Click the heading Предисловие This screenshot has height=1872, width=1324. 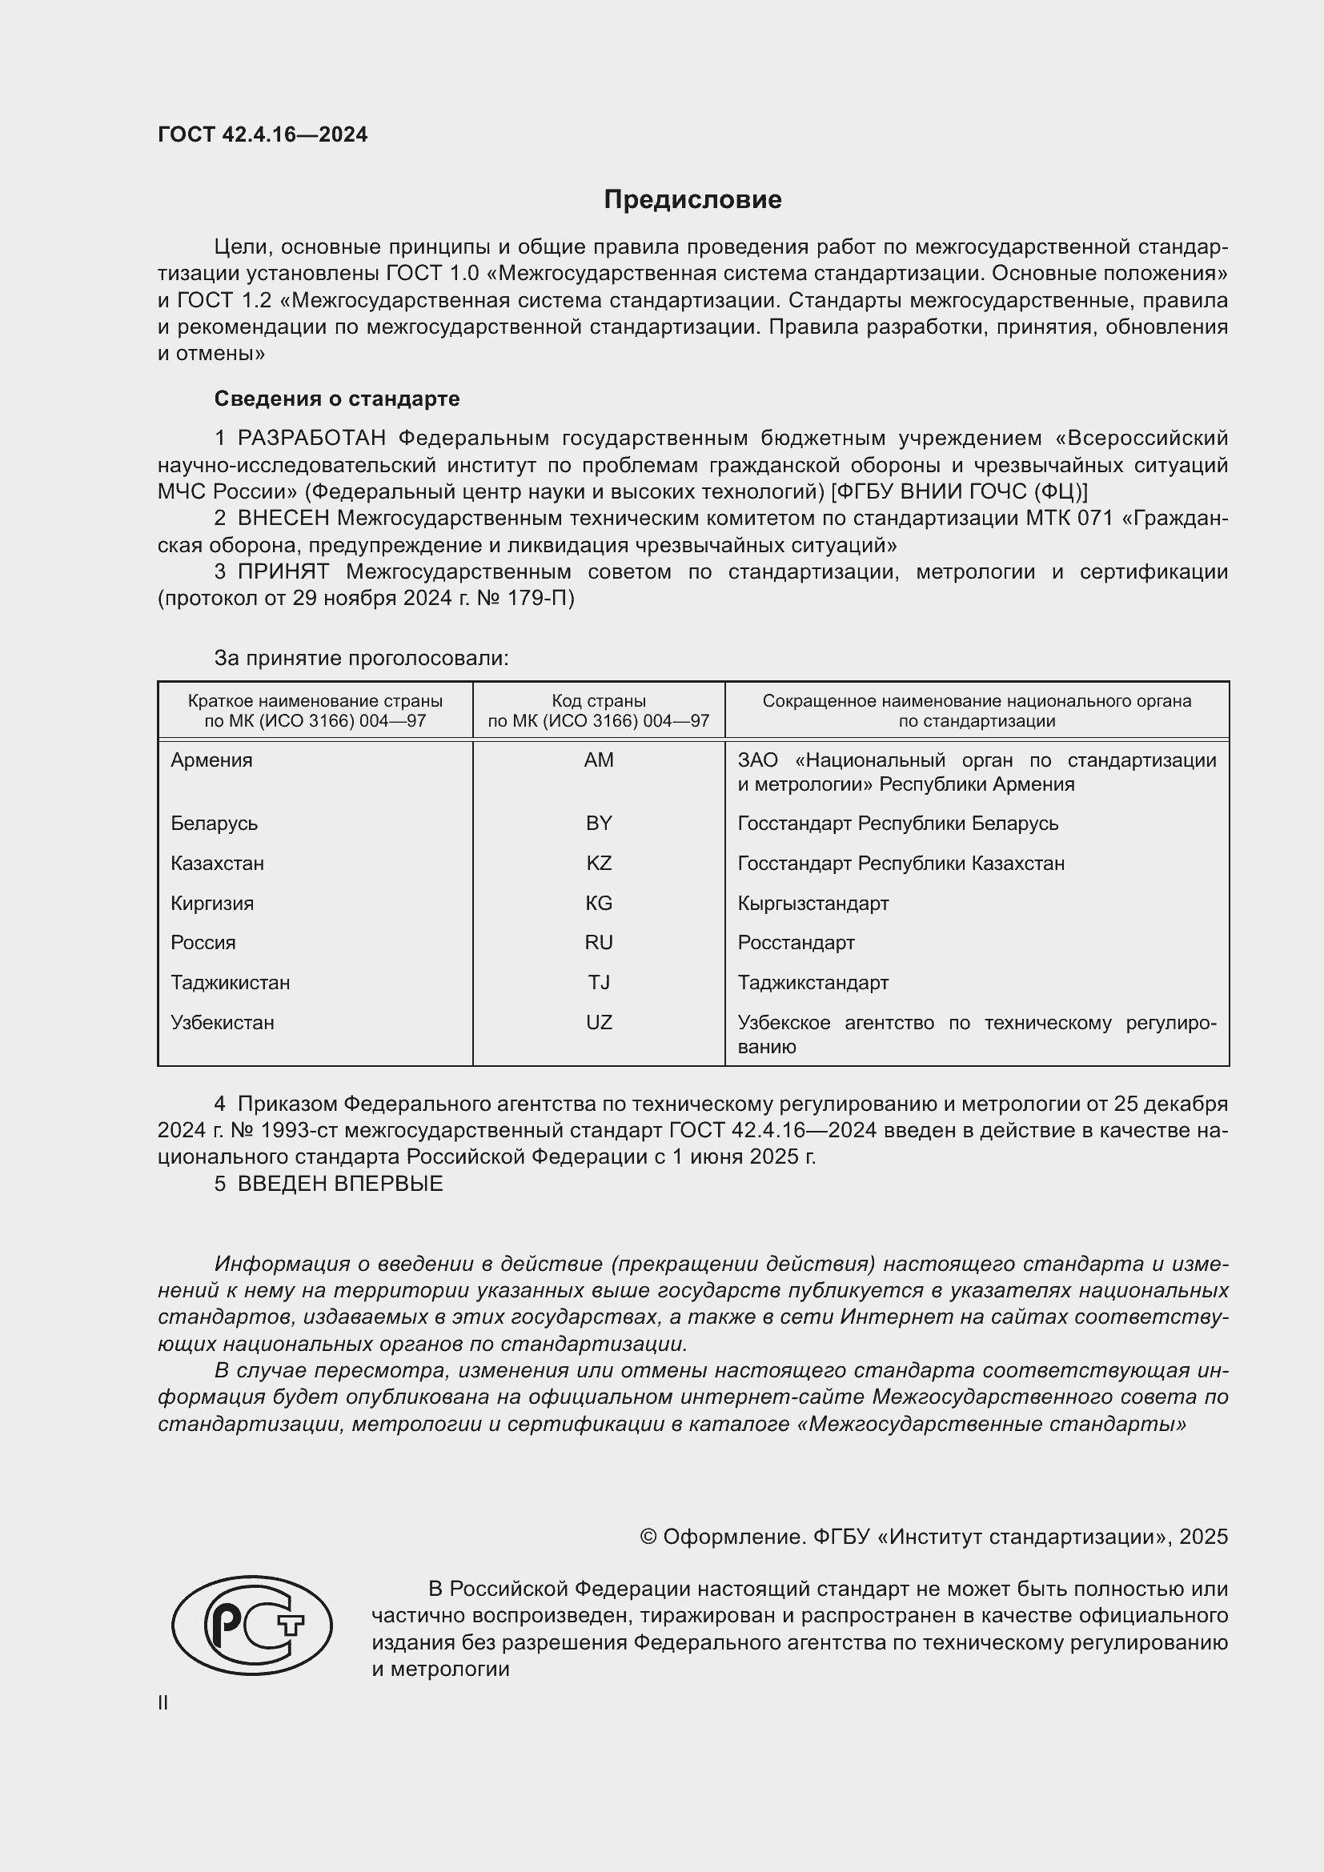point(692,200)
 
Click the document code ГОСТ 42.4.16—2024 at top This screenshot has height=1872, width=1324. point(263,134)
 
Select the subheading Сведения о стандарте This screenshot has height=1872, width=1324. point(337,399)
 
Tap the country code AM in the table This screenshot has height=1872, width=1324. point(599,760)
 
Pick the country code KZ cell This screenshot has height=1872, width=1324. point(599,863)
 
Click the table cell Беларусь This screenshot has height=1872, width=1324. point(215,824)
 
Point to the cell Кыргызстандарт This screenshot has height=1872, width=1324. point(812,904)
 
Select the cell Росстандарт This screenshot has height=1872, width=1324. point(796,943)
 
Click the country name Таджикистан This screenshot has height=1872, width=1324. point(230,983)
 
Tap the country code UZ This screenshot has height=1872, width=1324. point(599,1022)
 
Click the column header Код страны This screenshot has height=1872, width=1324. point(599,701)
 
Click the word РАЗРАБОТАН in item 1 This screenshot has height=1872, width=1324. point(311,439)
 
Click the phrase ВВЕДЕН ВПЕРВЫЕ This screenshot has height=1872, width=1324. point(340,1184)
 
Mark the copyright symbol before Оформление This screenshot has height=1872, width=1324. point(648,1537)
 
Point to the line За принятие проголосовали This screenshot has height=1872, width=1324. point(361,658)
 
